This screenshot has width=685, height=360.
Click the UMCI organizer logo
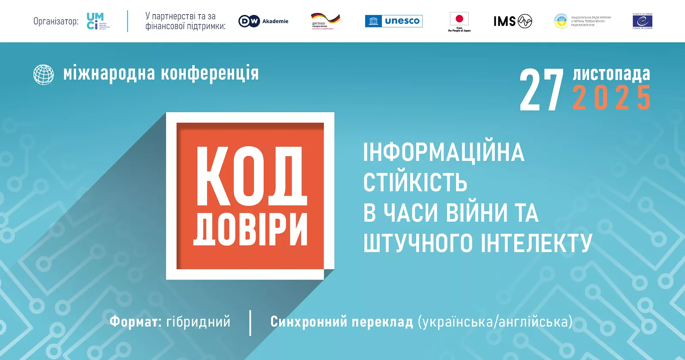pos(98,21)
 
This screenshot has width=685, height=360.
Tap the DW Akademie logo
pos(263,21)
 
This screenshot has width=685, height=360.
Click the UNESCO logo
pos(393,21)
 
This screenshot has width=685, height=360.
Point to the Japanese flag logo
pos(459,21)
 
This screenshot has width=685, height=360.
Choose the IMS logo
pos(512,21)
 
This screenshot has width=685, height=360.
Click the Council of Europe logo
pos(642,21)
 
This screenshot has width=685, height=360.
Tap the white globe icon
pos(44,74)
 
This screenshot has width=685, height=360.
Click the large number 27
pos(542,90)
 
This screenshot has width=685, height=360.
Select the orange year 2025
pos(611,98)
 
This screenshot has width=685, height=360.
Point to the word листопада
pos(611,74)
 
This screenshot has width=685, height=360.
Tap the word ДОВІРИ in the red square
pos(250,229)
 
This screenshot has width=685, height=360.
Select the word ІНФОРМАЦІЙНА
pos(444,152)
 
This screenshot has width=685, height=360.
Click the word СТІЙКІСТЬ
pos(415,183)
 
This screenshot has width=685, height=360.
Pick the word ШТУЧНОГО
pos(418,243)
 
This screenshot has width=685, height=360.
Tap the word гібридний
pos(198,322)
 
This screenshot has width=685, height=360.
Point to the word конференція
pos(210,74)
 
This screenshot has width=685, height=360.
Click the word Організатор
pos(56,21)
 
